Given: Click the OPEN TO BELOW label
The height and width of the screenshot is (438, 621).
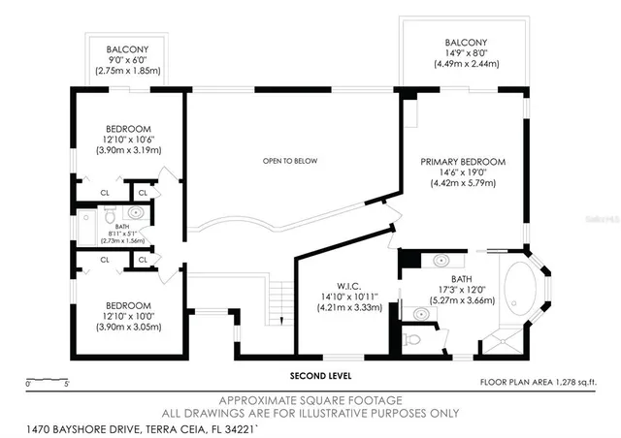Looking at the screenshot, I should coord(291,160).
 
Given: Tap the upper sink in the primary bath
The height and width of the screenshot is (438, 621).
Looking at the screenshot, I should coord(442,260).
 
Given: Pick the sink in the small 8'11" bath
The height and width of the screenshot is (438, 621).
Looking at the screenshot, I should coord(137,211).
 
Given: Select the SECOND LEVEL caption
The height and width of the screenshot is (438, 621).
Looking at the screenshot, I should coord(321,375).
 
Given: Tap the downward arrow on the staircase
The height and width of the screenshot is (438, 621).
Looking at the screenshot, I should coord(279,320).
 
